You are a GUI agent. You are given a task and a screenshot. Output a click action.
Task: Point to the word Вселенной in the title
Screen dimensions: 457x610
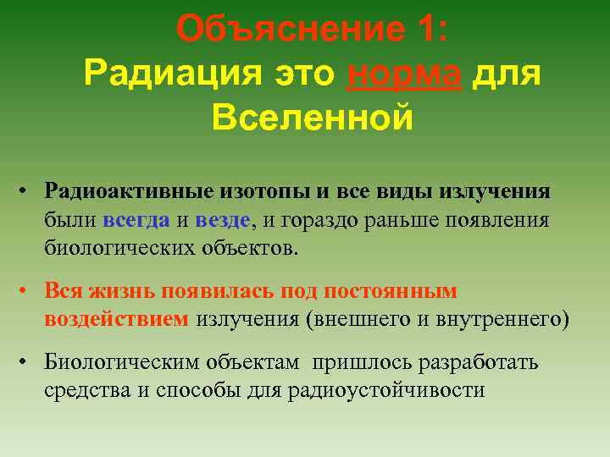pyautogui.click(x=313, y=118)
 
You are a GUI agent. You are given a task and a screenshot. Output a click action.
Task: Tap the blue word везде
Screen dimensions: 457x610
pyautogui.click(x=222, y=220)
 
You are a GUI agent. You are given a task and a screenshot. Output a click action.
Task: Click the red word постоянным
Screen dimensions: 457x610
pyautogui.click(x=398, y=291)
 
